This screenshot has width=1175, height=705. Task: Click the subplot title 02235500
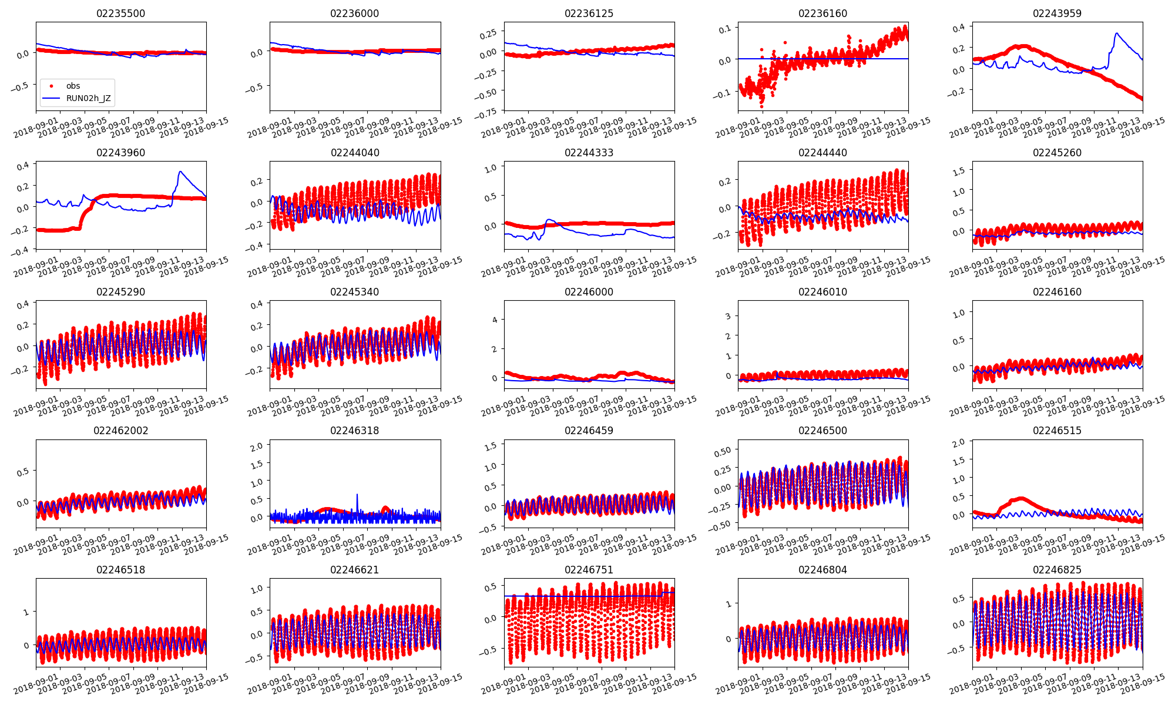[120, 14]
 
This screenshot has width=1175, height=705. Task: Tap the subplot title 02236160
[822, 14]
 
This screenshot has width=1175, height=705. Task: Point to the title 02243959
[1057, 14]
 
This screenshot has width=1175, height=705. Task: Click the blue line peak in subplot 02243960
[180, 172]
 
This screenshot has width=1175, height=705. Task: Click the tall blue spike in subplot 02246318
[357, 495]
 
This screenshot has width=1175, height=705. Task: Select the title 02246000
[589, 292]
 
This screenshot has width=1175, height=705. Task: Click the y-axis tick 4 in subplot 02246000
[495, 320]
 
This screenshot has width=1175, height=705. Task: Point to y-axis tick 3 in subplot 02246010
[728, 316]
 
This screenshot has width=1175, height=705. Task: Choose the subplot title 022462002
[120, 431]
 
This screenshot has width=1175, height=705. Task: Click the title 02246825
[1057, 570]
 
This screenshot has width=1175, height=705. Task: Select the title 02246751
[589, 570]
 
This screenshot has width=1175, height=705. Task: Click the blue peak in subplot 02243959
[1116, 33]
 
